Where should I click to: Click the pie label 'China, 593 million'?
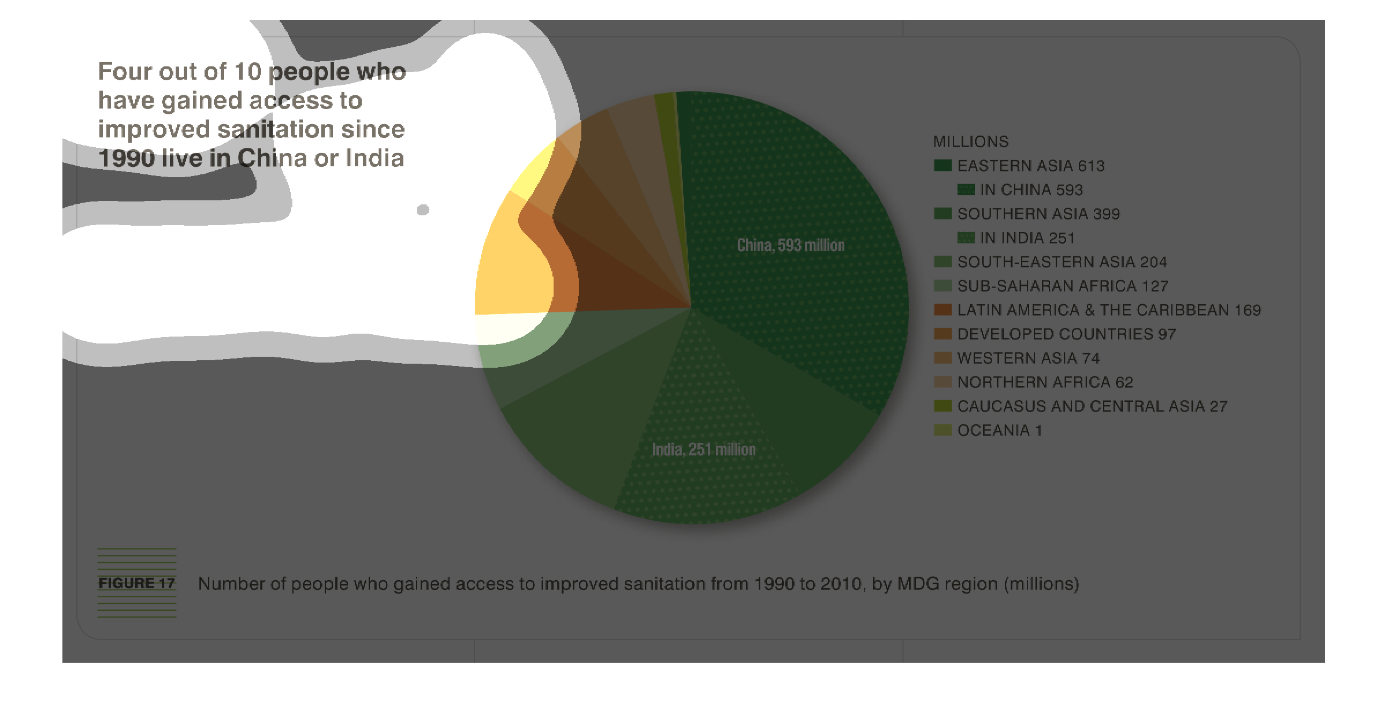pos(791,245)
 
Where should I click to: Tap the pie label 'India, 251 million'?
pos(704,449)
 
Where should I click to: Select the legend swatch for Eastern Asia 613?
pos(942,166)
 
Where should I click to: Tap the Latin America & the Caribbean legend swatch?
pos(942,309)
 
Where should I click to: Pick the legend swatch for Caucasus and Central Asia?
pos(942,406)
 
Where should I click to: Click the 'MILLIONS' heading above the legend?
pos(971,141)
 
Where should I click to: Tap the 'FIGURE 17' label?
pos(136,583)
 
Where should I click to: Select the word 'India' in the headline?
pos(374,158)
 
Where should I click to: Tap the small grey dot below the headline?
pos(423,210)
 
